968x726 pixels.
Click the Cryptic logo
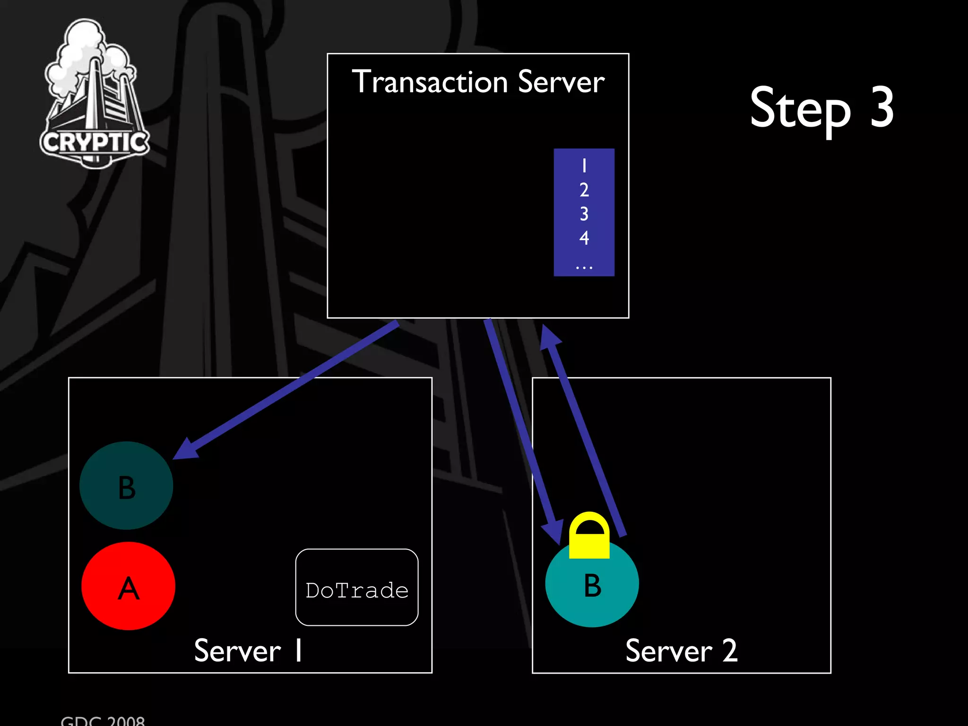95,95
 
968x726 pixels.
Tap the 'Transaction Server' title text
478,82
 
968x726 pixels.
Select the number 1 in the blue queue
584,166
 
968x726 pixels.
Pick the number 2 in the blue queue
584,190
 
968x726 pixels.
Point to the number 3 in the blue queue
584,214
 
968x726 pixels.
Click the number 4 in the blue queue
584,238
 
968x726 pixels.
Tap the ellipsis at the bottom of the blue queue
584,268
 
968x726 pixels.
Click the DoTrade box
357,588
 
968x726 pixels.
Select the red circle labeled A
128,586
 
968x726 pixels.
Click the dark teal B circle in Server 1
126,485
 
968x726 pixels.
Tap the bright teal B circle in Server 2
592,585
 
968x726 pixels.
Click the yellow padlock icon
589,536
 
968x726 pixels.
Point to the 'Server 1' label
248,651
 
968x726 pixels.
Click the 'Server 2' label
681,651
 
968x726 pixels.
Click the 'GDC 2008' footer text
103,720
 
